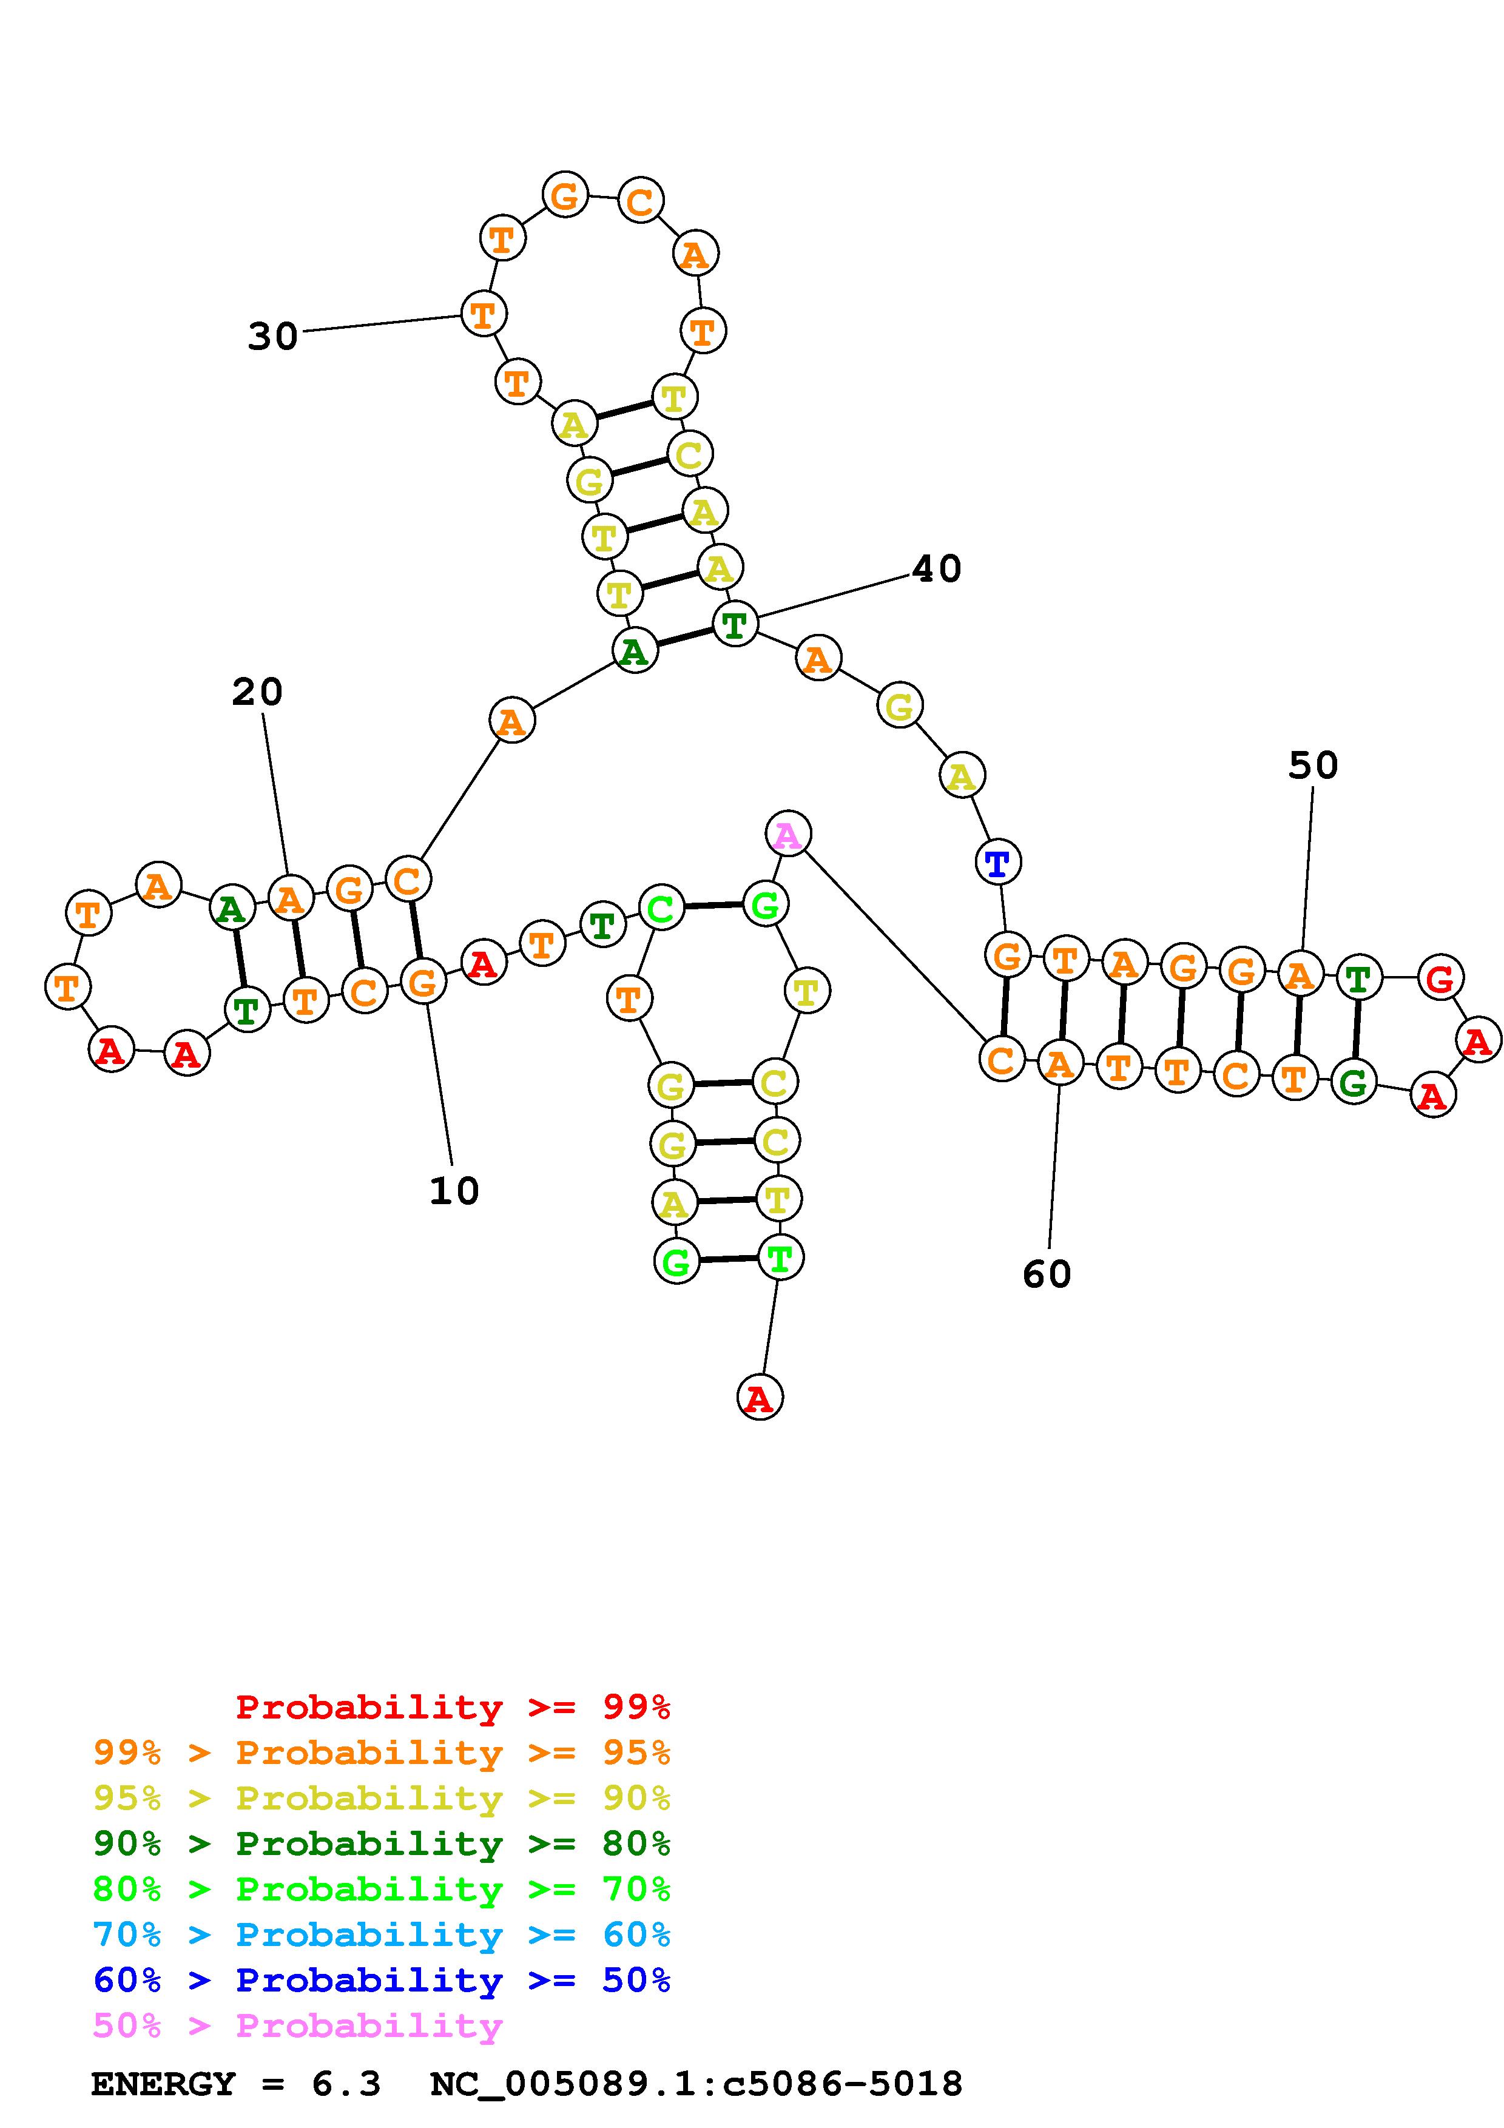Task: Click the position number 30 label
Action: click(x=272, y=335)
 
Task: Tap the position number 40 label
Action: click(x=937, y=568)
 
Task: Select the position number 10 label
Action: click(x=454, y=1191)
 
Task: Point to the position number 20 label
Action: click(x=257, y=692)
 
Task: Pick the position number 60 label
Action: click(x=1047, y=1274)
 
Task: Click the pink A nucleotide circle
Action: click(x=787, y=834)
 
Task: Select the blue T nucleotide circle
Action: click(x=998, y=863)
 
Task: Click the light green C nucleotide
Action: click(x=661, y=908)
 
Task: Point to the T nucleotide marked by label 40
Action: click(x=735, y=624)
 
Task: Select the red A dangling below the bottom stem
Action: click(x=760, y=1398)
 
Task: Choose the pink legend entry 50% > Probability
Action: click(x=297, y=2024)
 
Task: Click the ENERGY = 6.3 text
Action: click(x=236, y=2084)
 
